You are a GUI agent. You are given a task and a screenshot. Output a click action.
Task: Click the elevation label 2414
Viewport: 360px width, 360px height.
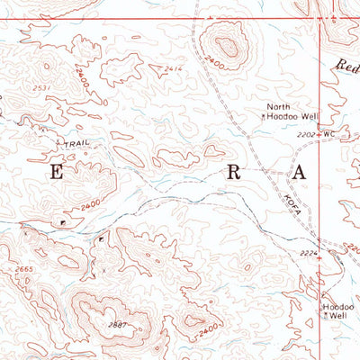coord(175,69)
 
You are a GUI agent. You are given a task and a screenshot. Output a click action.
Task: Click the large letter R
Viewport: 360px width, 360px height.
coord(234,173)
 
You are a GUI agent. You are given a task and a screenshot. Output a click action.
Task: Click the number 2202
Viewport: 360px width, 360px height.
coord(307,135)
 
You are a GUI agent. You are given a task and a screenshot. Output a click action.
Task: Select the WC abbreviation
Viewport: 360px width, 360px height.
coord(328,135)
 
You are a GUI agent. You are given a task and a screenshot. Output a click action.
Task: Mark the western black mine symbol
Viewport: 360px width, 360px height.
coord(62,220)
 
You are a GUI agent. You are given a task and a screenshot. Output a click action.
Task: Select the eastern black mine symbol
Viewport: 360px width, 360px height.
coord(100,239)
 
